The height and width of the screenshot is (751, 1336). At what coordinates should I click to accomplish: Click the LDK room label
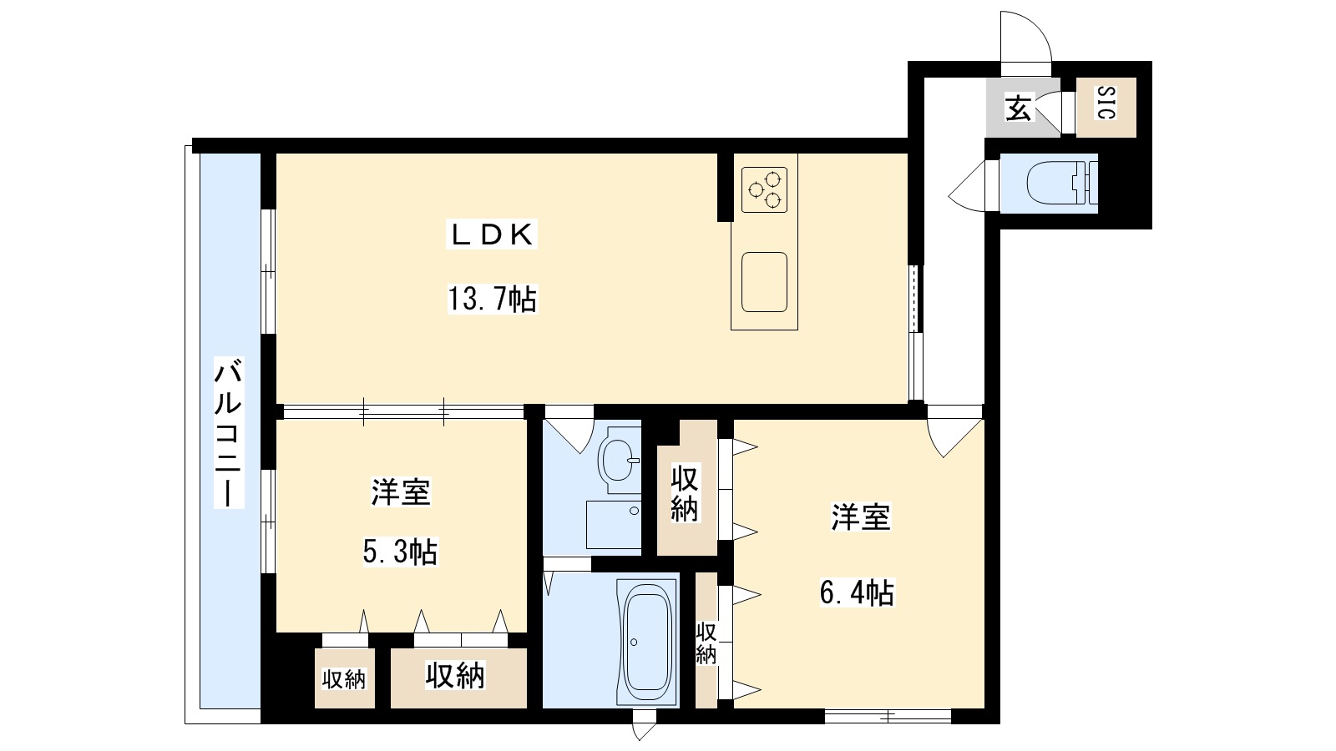(x=492, y=234)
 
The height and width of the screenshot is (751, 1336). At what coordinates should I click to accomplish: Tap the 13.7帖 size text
(x=492, y=298)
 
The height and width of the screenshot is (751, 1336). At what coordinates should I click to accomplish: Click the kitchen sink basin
(x=764, y=282)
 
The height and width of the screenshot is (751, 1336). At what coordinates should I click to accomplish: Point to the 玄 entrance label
(x=1018, y=108)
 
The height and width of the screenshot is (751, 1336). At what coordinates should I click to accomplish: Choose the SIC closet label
(x=1106, y=103)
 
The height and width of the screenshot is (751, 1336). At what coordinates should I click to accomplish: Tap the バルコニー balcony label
(x=228, y=433)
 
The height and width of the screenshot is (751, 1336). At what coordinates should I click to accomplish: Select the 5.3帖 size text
(x=401, y=552)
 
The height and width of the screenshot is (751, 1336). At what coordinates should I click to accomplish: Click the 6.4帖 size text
(x=857, y=592)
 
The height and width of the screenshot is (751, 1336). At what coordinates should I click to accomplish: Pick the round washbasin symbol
(x=619, y=458)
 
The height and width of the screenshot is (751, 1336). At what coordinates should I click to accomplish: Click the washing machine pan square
(x=613, y=524)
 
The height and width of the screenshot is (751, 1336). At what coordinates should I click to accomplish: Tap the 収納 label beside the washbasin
(x=685, y=494)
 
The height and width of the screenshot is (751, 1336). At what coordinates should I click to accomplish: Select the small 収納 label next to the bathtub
(x=706, y=643)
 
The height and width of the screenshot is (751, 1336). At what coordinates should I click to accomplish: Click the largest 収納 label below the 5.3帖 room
(x=455, y=675)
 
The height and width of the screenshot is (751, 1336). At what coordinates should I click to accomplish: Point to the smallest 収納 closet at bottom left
(x=344, y=679)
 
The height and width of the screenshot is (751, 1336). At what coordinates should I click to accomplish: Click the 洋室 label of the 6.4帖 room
(x=861, y=517)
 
